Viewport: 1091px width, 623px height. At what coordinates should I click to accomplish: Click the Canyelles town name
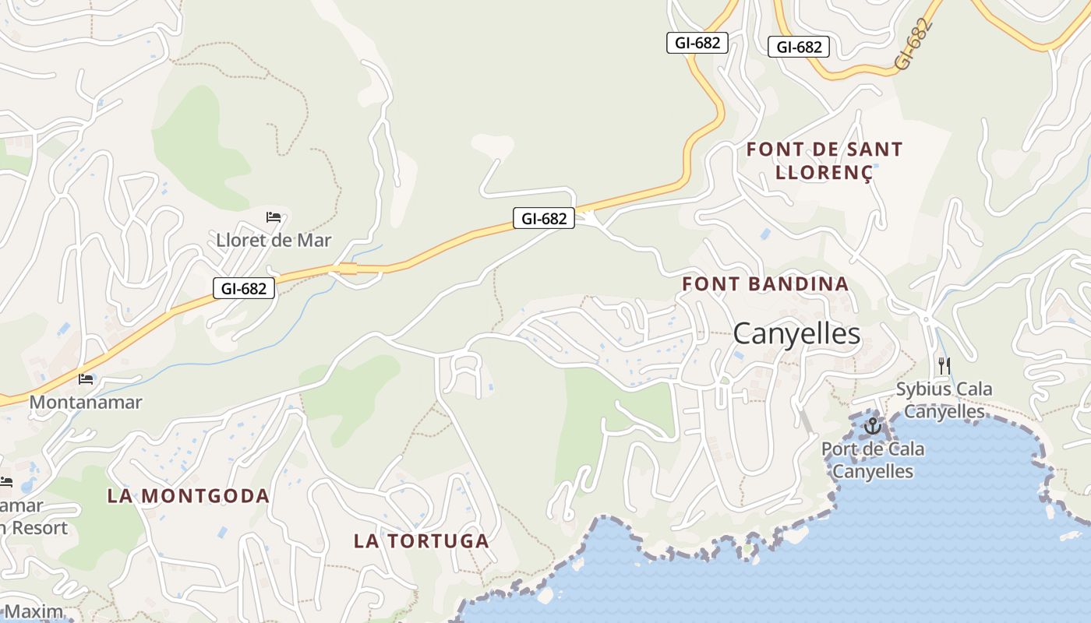[x=796, y=334]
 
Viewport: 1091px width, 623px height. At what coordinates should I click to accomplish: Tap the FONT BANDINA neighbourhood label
[x=765, y=284]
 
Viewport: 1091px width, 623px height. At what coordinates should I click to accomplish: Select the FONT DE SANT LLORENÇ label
[x=824, y=160]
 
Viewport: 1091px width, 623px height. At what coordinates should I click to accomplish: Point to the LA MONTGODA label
[x=189, y=496]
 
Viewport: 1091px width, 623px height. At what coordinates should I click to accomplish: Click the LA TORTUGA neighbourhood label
[x=422, y=540]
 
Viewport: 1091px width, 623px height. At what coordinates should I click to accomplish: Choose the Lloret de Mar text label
[x=274, y=241]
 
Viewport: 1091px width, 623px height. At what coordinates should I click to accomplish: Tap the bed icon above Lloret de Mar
[x=274, y=217]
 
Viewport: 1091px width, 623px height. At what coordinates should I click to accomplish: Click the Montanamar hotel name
[x=86, y=402]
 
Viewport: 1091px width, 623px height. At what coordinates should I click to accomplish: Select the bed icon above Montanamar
[x=86, y=379]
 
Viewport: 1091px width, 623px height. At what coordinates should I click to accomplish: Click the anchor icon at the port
[x=872, y=426]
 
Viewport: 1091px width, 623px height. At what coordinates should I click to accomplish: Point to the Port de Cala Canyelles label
[x=873, y=460]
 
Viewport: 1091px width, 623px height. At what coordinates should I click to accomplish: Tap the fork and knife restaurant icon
[x=944, y=365]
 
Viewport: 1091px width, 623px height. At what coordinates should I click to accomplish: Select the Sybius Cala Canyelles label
[x=944, y=399]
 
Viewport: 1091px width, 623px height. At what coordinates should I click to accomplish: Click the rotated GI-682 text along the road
[x=913, y=45]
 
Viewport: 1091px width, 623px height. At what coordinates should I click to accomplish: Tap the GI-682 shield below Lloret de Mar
[x=244, y=289]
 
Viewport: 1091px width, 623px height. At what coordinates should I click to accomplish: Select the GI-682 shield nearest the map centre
[x=543, y=219]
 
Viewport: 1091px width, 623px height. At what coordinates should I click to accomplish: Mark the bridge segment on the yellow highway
[x=348, y=269]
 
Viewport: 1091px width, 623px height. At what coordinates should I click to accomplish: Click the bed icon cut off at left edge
[x=5, y=482]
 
